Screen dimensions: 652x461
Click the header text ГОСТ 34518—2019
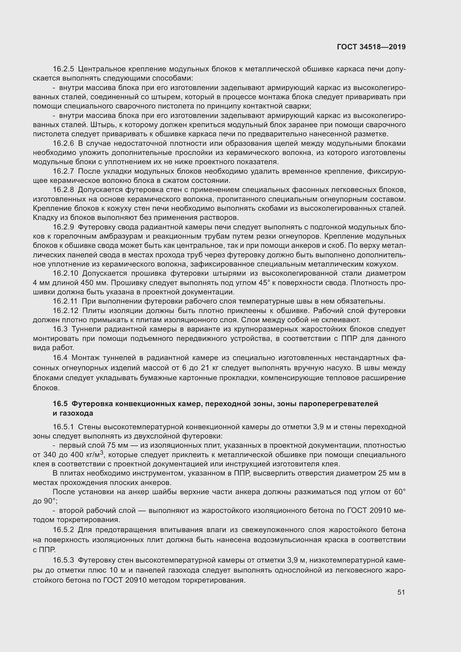point(371,47)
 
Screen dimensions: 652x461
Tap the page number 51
point(401,592)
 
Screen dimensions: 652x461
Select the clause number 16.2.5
point(63,69)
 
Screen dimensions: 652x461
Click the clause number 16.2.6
point(63,143)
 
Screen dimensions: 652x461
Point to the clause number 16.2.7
point(63,171)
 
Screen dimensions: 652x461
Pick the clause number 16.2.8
point(63,190)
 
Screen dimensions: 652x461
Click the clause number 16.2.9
point(63,227)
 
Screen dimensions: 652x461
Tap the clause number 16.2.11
point(65,301)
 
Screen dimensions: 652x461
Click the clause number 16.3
point(60,329)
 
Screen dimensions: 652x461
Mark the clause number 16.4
point(60,358)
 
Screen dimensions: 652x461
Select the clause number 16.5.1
point(63,427)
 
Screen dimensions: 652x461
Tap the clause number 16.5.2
point(63,530)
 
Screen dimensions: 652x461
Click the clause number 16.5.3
point(63,560)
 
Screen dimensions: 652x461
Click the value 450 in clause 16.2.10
point(88,283)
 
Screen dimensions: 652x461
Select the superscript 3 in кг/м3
point(102,453)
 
